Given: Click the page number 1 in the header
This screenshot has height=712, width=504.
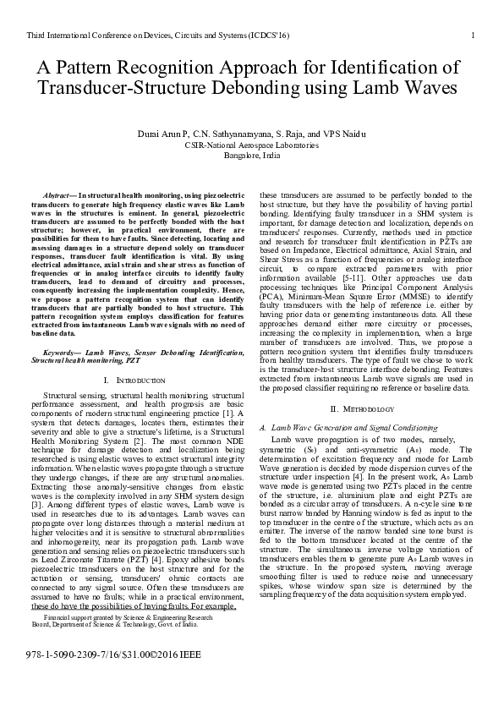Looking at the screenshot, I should [x=471, y=35].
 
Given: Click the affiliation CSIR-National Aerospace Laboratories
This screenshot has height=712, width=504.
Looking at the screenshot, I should [x=252, y=145].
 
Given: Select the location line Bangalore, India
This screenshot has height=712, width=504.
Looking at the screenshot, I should [x=252, y=156].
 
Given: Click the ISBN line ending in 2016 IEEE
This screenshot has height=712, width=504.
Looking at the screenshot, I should [x=114, y=677].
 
